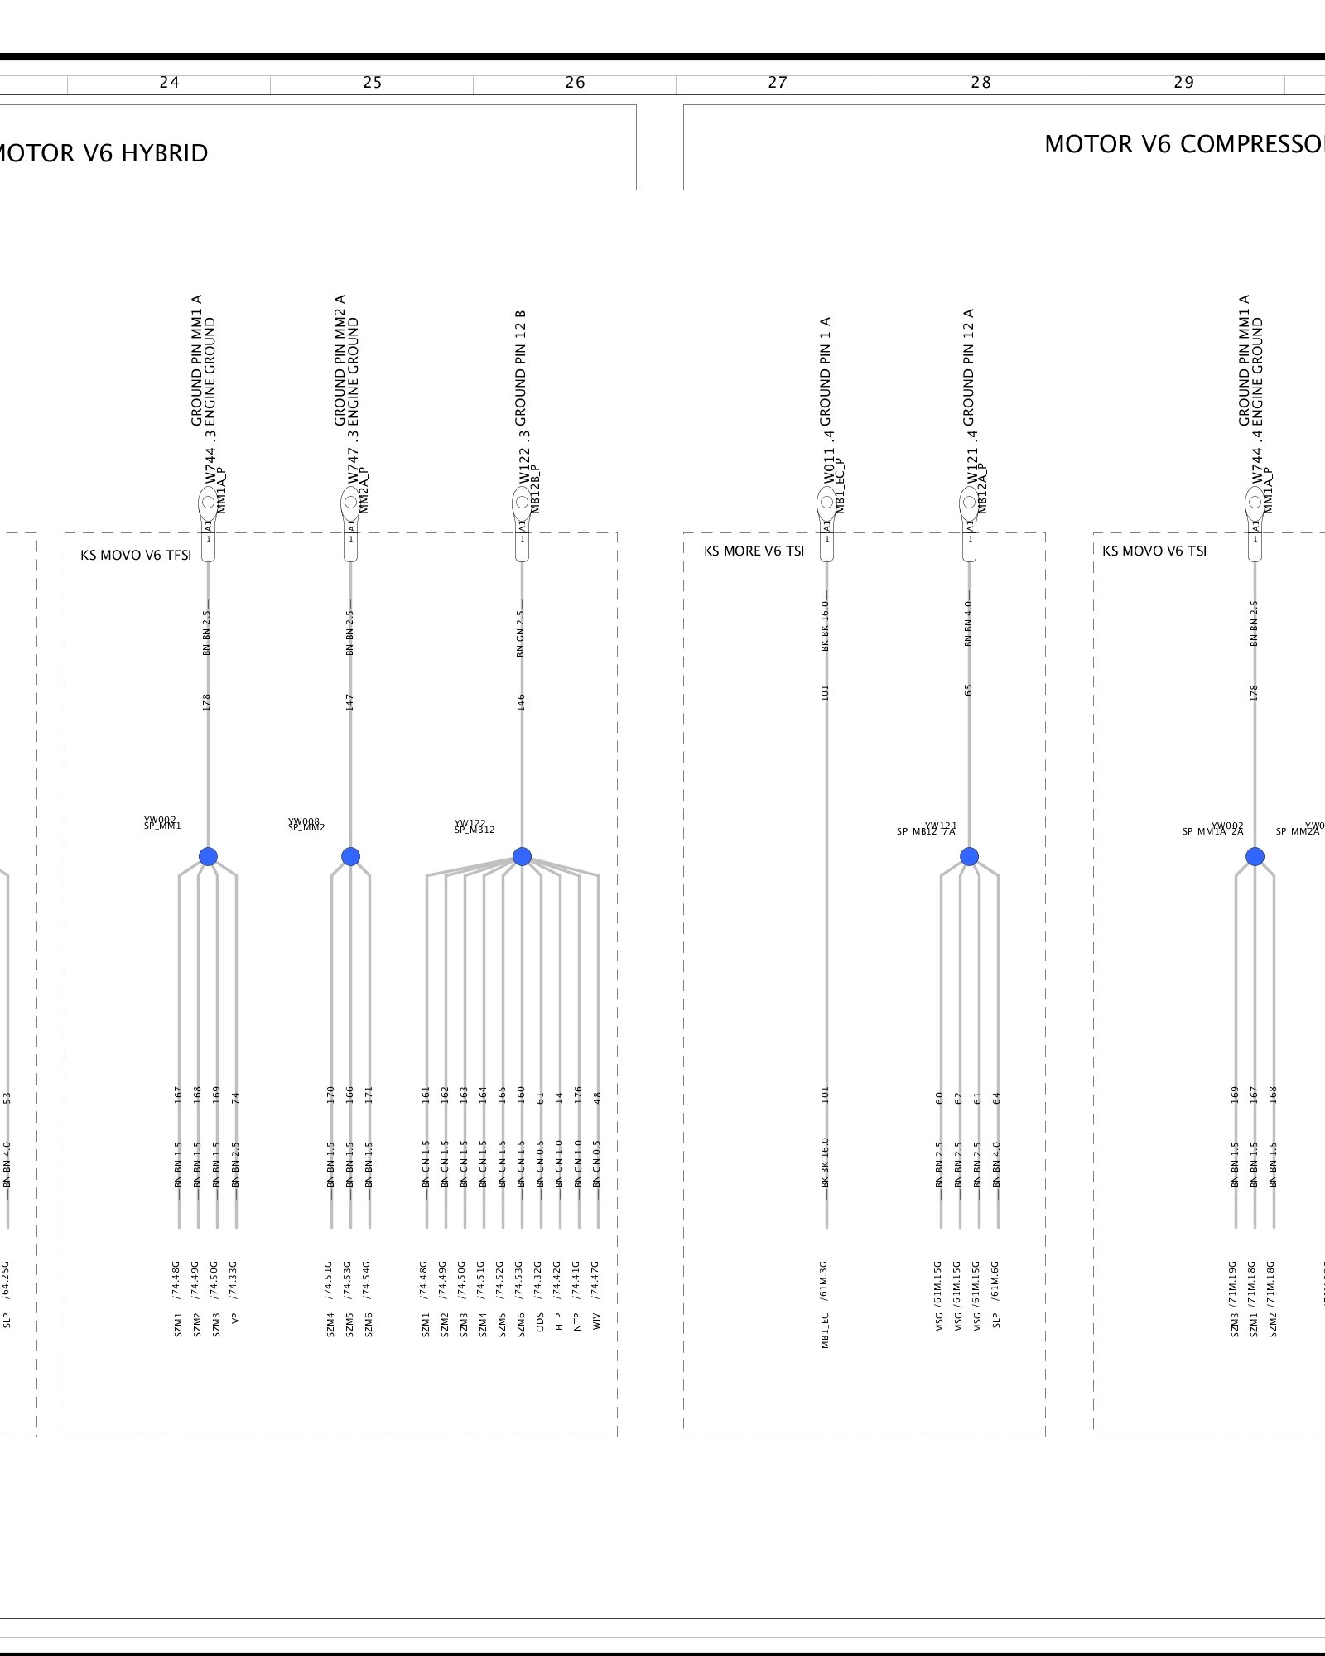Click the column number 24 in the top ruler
point(169,83)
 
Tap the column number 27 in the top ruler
point(778,83)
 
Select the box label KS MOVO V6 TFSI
point(136,555)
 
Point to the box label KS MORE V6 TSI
point(754,551)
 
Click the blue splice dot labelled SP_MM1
point(208,856)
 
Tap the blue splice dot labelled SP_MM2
point(350,856)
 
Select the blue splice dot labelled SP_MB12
point(522,856)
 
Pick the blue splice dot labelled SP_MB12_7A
point(969,856)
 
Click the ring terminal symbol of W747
point(350,503)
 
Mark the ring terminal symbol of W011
point(826,503)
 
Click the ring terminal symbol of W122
point(522,503)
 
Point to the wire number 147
point(349,702)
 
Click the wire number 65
point(968,690)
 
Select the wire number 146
point(521,702)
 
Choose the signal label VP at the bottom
point(235,1318)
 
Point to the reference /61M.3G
point(825,1280)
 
